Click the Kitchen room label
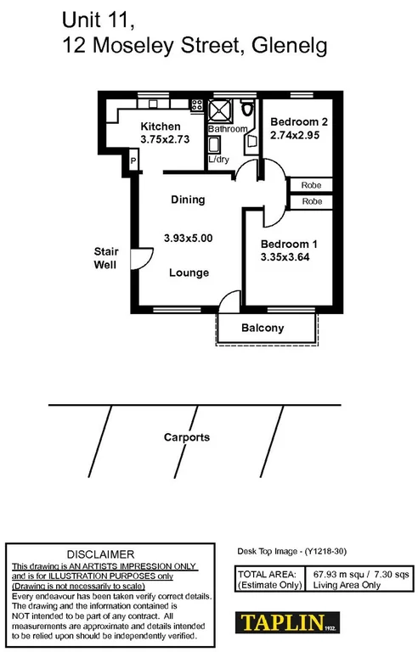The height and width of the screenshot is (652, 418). pyautogui.click(x=161, y=126)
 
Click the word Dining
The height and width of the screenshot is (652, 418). pyautogui.click(x=188, y=200)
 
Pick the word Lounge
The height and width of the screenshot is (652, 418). pyautogui.click(x=189, y=273)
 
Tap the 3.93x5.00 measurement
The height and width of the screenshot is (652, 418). pyautogui.click(x=188, y=239)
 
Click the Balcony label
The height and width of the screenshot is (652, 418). pyautogui.click(x=263, y=329)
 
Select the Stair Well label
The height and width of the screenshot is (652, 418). pyautogui.click(x=105, y=258)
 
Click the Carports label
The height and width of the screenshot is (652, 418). pyautogui.click(x=186, y=438)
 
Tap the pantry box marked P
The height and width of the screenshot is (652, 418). pyautogui.click(x=133, y=160)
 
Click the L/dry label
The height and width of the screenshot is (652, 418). pyautogui.click(x=217, y=159)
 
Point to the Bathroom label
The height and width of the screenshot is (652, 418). pyautogui.click(x=227, y=129)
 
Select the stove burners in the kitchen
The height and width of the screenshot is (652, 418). pyautogui.click(x=196, y=106)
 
